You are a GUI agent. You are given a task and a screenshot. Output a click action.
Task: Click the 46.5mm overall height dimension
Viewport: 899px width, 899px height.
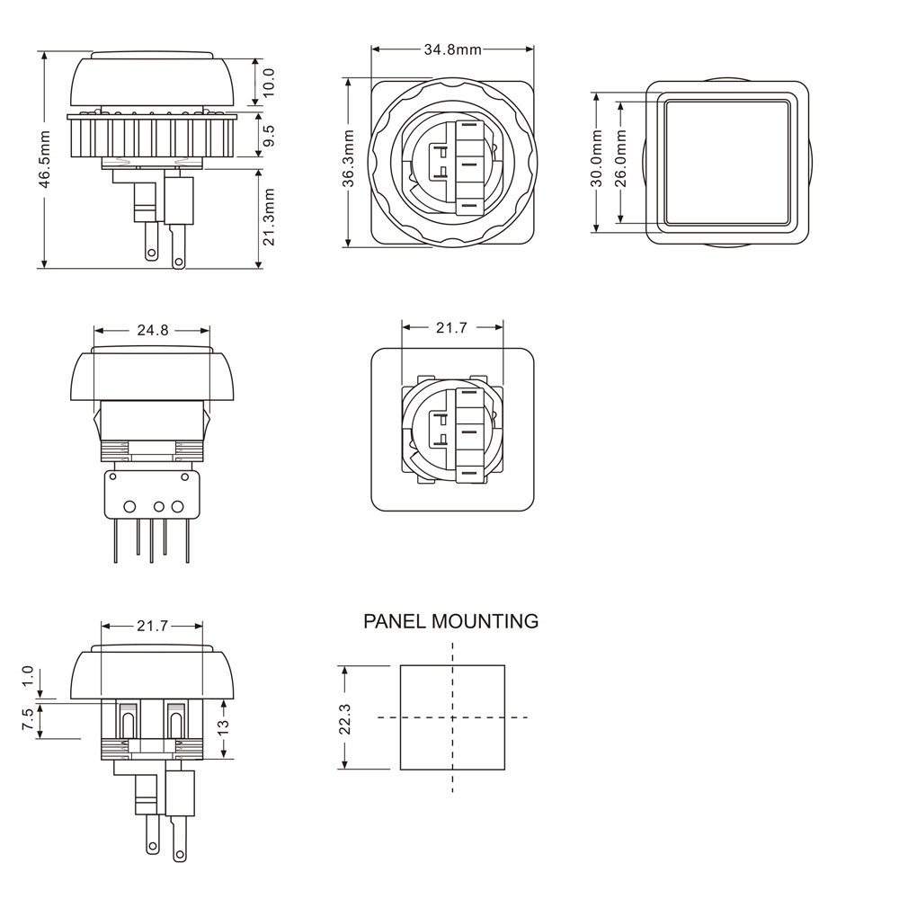[x=45, y=159]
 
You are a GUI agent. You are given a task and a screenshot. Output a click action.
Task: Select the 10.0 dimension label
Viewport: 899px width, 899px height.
[x=268, y=82]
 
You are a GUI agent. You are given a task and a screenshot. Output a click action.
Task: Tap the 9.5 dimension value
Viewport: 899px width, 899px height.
[x=268, y=136]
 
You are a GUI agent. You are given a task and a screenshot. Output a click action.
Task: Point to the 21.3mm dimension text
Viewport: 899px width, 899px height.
[x=268, y=218]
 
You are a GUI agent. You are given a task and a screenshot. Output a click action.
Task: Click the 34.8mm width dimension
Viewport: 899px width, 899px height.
[x=452, y=49]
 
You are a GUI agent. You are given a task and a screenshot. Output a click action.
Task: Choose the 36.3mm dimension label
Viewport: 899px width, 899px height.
[x=349, y=159]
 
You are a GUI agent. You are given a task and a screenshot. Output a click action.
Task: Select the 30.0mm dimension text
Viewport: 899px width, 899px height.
[x=596, y=159]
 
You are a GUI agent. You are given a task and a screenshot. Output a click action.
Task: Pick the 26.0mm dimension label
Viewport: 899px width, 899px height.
[x=620, y=159]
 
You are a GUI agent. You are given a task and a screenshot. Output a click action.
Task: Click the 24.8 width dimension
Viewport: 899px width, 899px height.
[x=153, y=330]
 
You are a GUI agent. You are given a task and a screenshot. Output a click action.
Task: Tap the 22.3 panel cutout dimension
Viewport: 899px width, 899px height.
[x=344, y=719]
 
